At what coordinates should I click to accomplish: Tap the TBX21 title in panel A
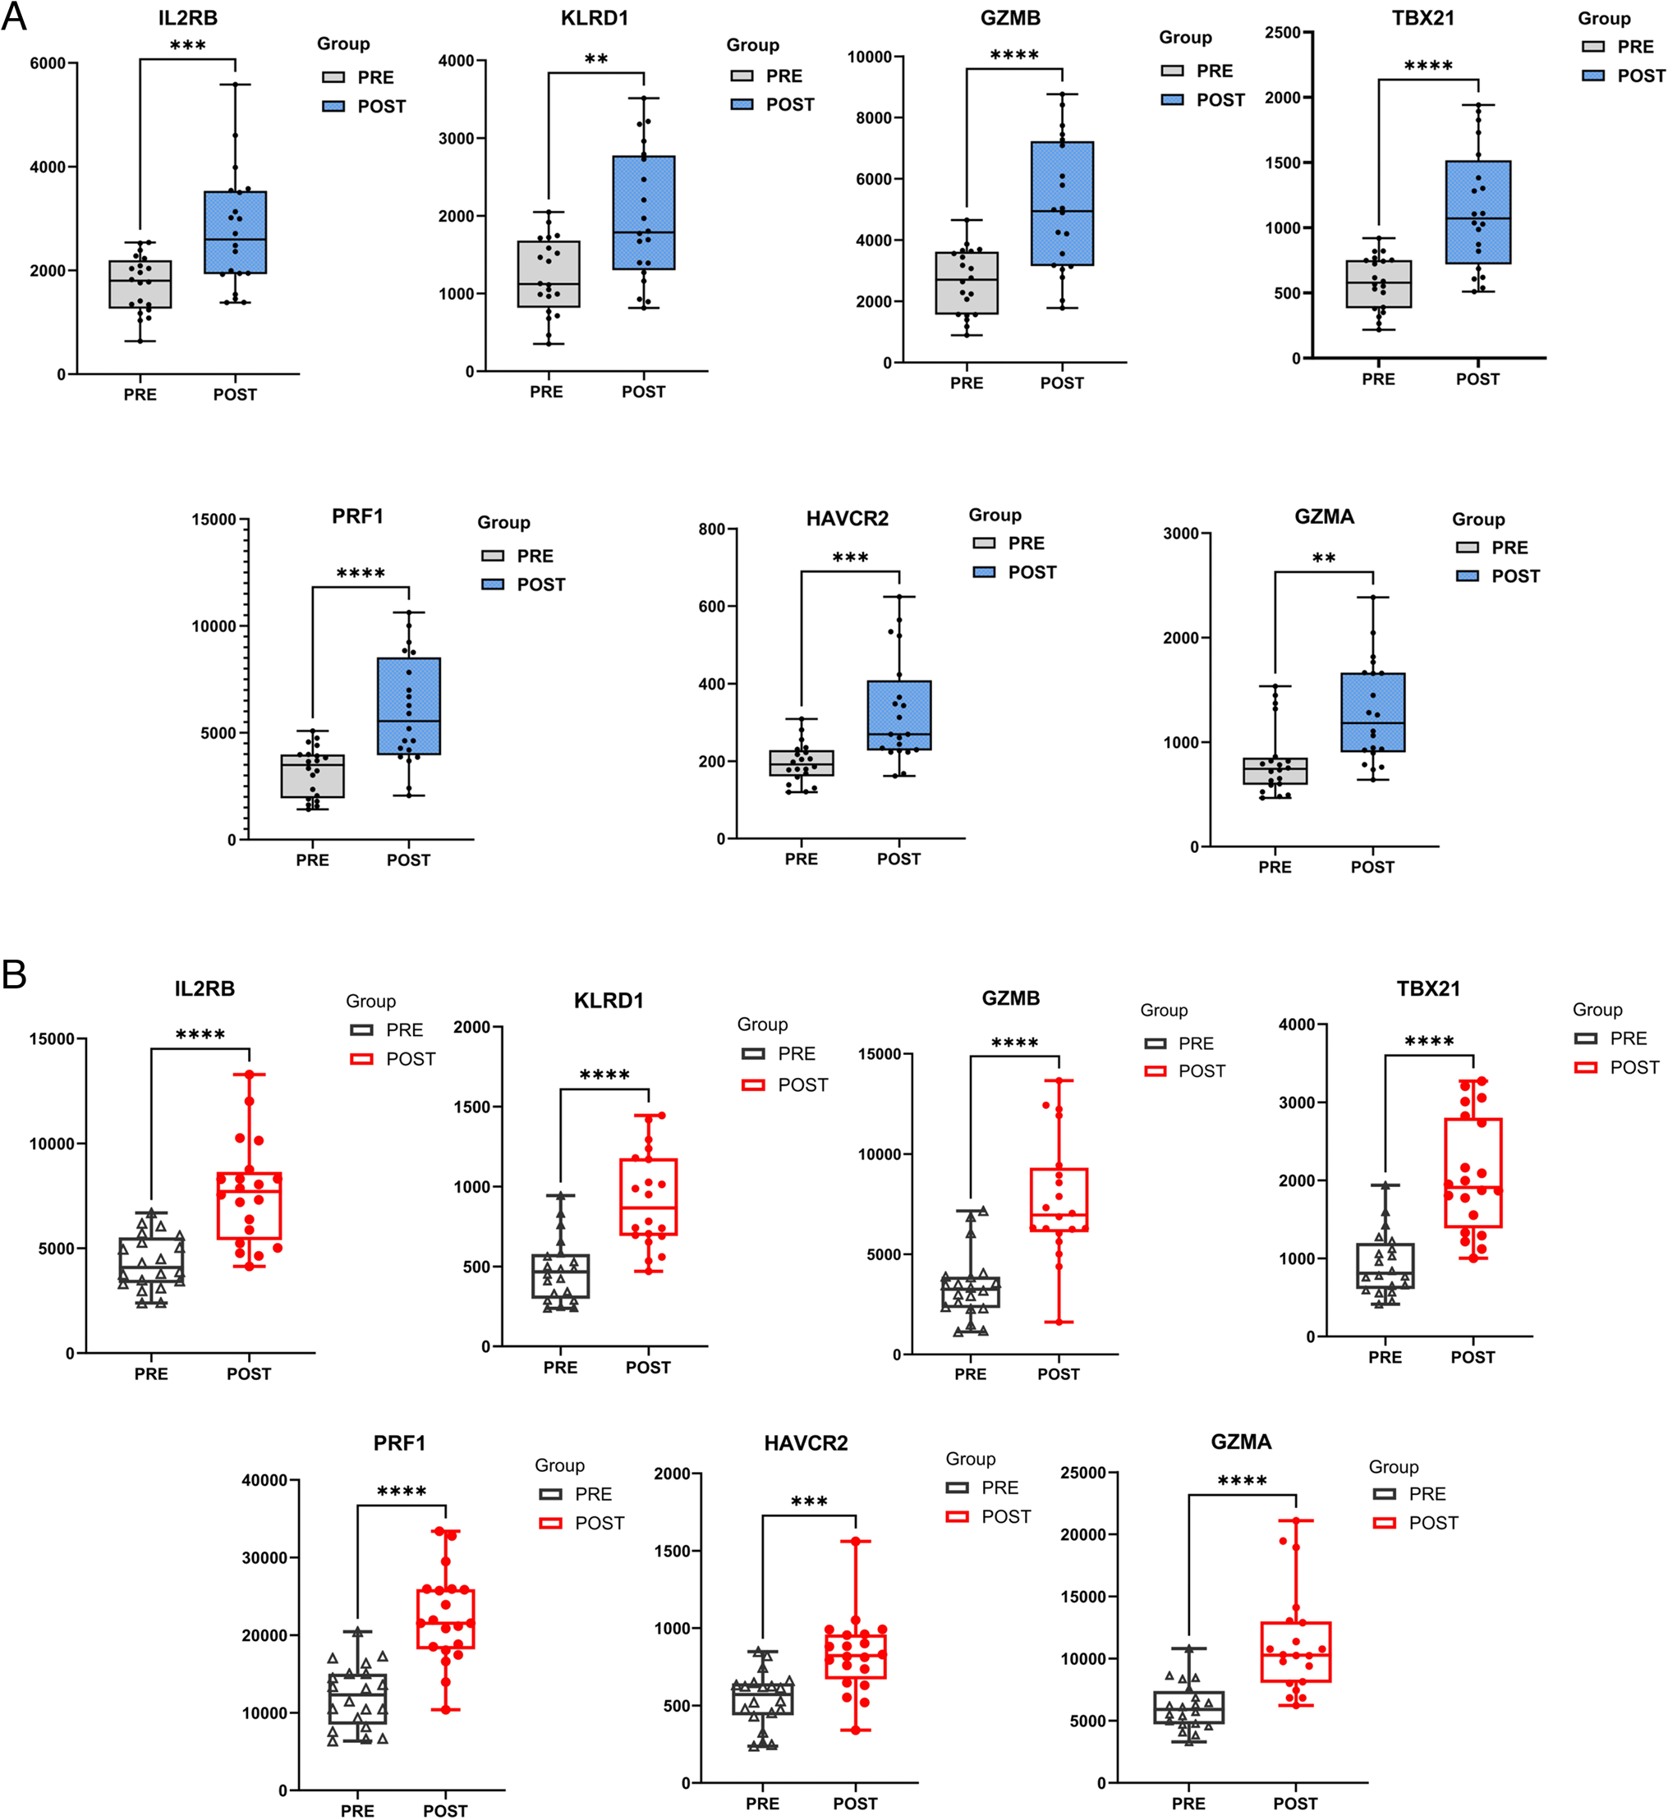coord(1422,18)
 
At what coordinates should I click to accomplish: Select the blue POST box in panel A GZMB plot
coord(1062,203)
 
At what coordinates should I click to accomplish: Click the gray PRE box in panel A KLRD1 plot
coord(548,273)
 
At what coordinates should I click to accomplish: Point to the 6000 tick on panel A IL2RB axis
coord(48,63)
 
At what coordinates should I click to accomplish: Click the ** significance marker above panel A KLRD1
coord(596,60)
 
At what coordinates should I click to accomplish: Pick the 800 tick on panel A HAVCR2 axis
coord(712,529)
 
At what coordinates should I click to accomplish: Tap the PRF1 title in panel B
coord(399,1442)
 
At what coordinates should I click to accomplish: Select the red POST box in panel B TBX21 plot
coord(1473,1171)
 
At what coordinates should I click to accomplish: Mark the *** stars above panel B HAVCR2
coord(808,1501)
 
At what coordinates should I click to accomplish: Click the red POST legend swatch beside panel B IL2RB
coord(361,1059)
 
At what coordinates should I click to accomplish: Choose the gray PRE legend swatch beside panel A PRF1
coord(492,556)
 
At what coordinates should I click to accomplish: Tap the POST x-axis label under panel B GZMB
coord(1058,1374)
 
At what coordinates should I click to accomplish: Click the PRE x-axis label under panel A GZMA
coord(1275,867)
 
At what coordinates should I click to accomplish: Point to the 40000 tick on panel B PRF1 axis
coord(264,1479)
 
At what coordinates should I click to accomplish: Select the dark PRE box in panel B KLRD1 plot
coord(560,1276)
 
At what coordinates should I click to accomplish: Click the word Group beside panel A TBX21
coord(1604,18)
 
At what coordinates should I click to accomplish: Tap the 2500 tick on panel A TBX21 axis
coord(1282,33)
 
